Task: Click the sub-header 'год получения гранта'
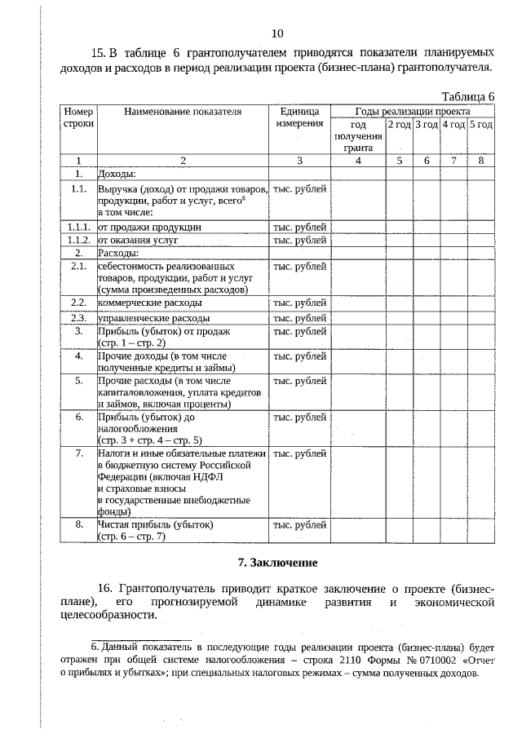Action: pyautogui.click(x=358, y=136)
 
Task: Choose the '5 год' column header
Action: pyautogui.click(x=481, y=124)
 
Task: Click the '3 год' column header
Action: pyautogui.click(x=427, y=124)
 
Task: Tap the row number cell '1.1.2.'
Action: pyautogui.click(x=79, y=241)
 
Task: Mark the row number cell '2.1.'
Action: pyautogui.click(x=79, y=266)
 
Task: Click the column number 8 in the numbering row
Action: pyautogui.click(x=481, y=161)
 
